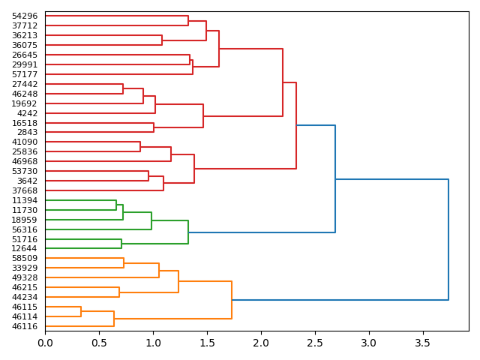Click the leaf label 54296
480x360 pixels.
click(x=25, y=16)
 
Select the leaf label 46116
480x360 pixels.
click(x=25, y=327)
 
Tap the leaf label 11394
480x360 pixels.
click(x=25, y=201)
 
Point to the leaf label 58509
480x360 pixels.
click(x=25, y=259)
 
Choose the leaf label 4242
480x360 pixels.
click(x=27, y=113)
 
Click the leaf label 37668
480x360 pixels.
click(x=25, y=191)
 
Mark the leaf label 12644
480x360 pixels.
click(x=25, y=249)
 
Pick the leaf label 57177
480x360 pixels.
click(x=25, y=75)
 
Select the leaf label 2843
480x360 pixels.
click(x=27, y=133)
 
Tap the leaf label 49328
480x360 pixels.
click(x=25, y=278)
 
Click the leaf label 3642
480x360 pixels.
click(x=27, y=181)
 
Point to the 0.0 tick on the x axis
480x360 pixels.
click(x=45, y=343)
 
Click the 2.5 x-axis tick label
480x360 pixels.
click(x=315, y=343)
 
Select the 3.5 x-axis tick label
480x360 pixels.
click(x=423, y=343)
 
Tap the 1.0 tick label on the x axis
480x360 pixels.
click(x=153, y=343)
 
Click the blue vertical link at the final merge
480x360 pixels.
click(x=448, y=240)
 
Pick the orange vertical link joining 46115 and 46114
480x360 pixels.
click(x=81, y=312)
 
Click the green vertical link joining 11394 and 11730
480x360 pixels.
click(x=116, y=205)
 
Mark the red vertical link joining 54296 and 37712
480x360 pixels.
click(x=188, y=21)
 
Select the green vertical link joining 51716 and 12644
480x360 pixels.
click(x=121, y=244)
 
